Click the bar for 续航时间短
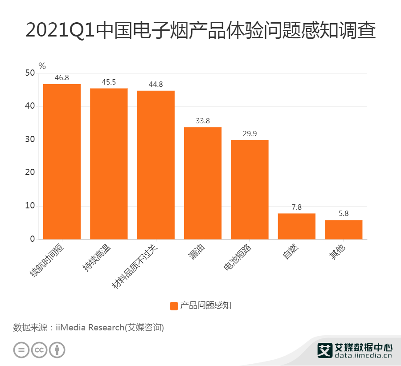(62, 161)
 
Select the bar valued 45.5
(109, 163)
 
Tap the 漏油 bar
(203, 183)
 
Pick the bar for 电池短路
(250, 189)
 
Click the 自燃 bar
(297, 226)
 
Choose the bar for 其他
(344, 229)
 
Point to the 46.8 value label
(62, 77)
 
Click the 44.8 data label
(155, 84)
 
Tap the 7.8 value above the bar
(297, 207)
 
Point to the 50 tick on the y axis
(30, 73)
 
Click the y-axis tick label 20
(30, 173)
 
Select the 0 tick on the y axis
(32, 239)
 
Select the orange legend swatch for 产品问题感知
(174, 305)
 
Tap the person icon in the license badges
(57, 350)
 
